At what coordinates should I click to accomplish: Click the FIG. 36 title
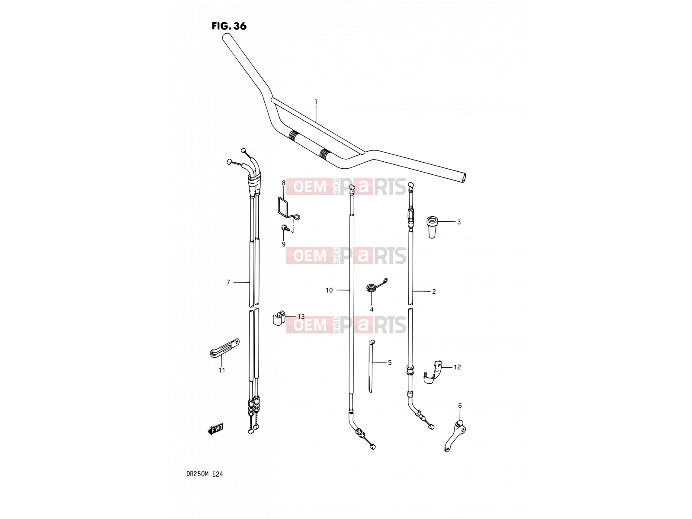click(229, 26)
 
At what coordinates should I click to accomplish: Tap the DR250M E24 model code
click(205, 474)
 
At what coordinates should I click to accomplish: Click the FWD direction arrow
click(215, 429)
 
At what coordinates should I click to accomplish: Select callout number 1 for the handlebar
click(316, 102)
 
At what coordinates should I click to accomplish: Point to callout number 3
click(459, 222)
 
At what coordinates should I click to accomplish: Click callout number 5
click(390, 363)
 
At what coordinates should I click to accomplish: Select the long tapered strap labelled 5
click(371, 366)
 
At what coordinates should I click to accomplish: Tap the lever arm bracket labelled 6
click(455, 436)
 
